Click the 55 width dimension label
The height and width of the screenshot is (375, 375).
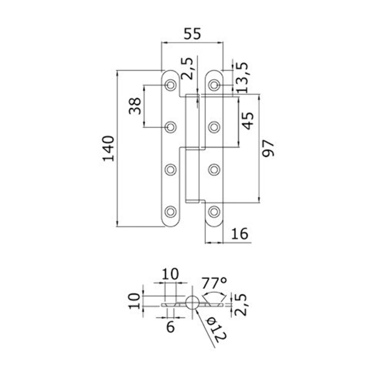(192, 34)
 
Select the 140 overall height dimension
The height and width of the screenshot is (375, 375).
(108, 148)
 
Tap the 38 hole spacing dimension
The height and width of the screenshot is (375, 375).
(135, 106)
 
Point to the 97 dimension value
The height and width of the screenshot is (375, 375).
(268, 149)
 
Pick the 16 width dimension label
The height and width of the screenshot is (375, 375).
(240, 233)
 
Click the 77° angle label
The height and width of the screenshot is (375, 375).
(214, 283)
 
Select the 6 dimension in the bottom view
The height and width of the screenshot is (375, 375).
(170, 327)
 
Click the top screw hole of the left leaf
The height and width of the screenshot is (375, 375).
(170, 85)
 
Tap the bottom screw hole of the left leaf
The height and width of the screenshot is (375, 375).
(170, 212)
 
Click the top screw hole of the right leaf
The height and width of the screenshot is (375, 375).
(214, 85)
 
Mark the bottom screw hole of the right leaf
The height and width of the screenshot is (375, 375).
(214, 212)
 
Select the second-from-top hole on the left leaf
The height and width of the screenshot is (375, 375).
(170, 127)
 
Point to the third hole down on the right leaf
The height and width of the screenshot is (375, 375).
(214, 169)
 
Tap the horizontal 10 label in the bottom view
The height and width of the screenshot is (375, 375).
(170, 274)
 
